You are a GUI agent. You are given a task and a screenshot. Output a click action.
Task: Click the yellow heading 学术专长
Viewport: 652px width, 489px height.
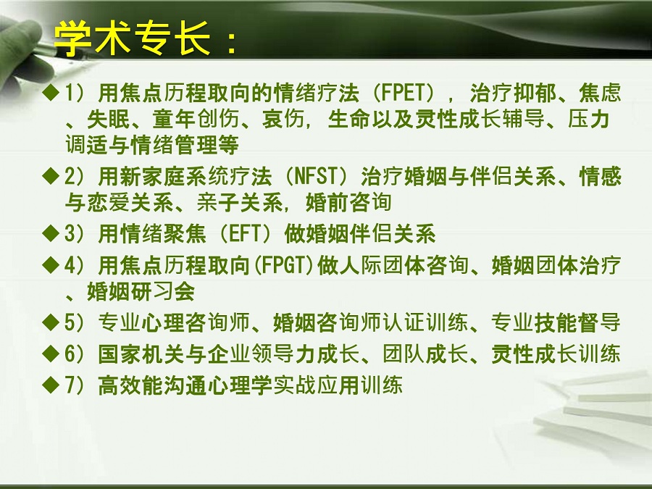(x=133, y=38)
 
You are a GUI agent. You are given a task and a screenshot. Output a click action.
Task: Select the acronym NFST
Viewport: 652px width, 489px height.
(x=316, y=176)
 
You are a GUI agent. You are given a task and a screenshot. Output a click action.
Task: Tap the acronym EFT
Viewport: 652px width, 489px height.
(x=245, y=234)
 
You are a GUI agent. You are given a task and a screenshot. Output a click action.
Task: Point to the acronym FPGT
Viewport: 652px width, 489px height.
(x=283, y=266)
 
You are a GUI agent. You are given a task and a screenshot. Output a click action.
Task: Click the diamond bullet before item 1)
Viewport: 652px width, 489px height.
(x=51, y=92)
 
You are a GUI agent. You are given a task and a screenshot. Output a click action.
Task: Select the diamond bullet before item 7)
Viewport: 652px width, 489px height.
(x=51, y=385)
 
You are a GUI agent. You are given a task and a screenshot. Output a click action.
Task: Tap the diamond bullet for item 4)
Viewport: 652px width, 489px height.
(x=51, y=265)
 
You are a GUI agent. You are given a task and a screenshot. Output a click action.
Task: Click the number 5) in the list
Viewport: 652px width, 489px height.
(x=75, y=322)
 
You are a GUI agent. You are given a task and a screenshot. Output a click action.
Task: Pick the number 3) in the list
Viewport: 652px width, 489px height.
(x=75, y=234)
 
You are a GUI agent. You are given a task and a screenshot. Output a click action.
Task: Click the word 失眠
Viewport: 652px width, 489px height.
(x=109, y=120)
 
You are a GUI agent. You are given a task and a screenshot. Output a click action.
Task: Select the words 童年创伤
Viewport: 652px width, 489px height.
(x=196, y=120)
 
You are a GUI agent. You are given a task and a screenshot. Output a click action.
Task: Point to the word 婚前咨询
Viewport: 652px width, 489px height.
(x=348, y=203)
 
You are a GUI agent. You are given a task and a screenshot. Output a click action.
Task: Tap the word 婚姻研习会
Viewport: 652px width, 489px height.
(x=141, y=291)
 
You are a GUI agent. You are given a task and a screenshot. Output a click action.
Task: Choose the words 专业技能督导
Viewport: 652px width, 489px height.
(x=556, y=322)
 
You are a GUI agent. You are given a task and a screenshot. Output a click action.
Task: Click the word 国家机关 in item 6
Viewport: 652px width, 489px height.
(x=141, y=354)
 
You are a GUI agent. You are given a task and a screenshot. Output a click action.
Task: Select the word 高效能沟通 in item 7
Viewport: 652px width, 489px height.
(x=152, y=385)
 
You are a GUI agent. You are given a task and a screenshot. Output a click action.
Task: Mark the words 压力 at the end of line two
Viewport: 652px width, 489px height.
(x=589, y=120)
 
